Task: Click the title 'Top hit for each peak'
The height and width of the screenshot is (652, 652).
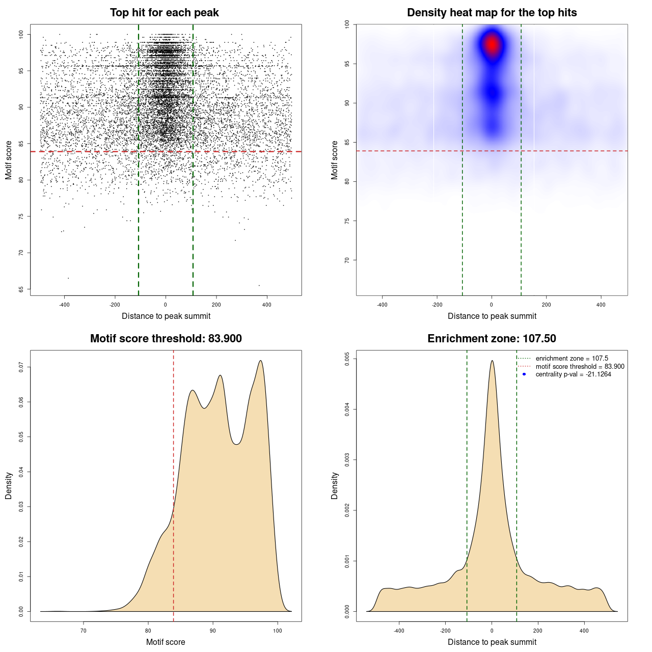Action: point(165,13)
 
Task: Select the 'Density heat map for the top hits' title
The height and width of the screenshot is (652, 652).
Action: point(492,13)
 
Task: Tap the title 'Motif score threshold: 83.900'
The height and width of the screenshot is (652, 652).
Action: point(166,339)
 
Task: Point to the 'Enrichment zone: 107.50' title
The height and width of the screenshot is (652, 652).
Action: point(492,339)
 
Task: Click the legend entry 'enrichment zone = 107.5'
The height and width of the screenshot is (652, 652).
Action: point(572,359)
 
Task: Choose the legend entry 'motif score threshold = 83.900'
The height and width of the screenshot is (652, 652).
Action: point(580,366)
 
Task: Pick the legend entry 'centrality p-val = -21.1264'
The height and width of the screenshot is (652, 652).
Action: point(573,374)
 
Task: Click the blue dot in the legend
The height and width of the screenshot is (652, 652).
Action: point(524,374)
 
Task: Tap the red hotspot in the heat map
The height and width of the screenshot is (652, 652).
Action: point(492,44)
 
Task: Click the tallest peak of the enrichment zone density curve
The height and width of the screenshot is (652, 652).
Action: point(492,361)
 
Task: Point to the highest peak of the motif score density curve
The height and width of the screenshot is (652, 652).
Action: point(261,361)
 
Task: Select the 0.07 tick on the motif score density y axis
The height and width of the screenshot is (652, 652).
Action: point(21,367)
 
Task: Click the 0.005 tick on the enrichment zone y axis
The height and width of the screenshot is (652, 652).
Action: point(347,359)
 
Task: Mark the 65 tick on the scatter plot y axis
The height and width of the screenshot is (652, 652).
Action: point(21,289)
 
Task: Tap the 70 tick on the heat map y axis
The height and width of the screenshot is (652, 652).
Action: point(347,260)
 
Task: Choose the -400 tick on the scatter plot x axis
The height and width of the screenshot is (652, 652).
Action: point(64,305)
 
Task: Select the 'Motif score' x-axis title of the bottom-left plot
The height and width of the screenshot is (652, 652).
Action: point(166,642)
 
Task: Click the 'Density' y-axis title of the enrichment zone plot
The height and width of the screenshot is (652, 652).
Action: point(335,485)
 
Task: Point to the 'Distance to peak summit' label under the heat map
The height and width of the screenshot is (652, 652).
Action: point(492,316)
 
